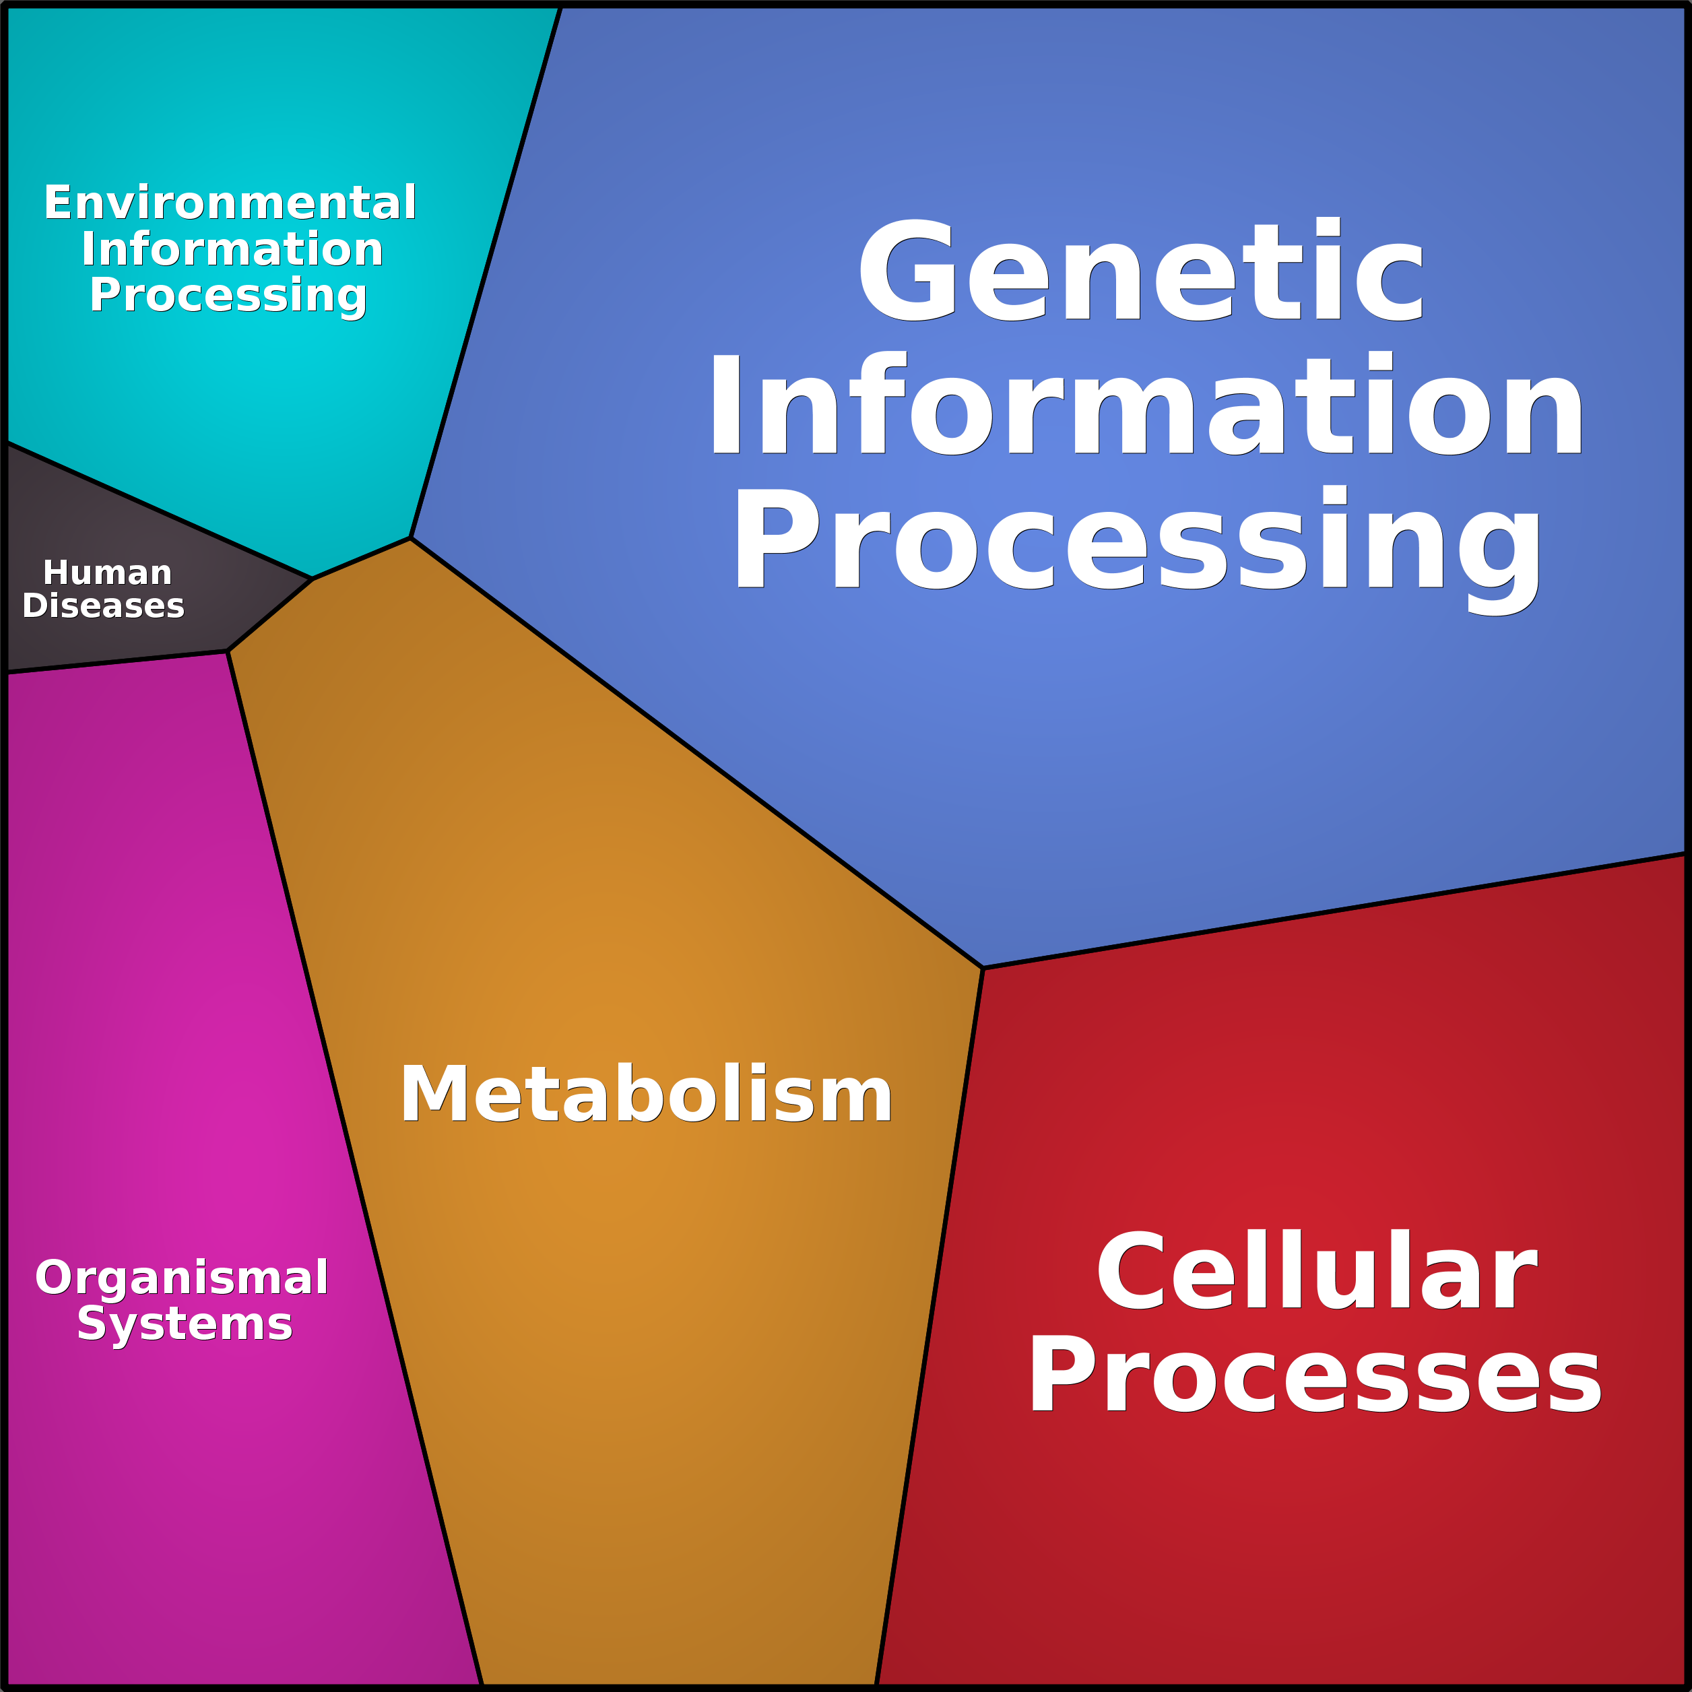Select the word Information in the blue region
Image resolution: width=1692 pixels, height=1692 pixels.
[x=1146, y=405]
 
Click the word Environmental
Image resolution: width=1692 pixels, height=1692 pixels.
[x=230, y=203]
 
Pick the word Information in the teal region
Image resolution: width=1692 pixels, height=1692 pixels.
[x=232, y=250]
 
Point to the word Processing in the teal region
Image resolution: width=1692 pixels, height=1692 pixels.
[x=228, y=295]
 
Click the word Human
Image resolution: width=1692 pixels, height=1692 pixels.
[x=108, y=573]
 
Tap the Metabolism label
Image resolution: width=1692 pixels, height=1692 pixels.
[x=647, y=1095]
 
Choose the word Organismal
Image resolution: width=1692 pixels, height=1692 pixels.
[x=181, y=1278]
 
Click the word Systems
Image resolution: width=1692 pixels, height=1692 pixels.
[x=185, y=1324]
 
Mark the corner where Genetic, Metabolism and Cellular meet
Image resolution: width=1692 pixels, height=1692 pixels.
[x=983, y=968]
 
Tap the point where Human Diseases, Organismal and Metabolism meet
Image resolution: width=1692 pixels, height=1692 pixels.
[x=228, y=651]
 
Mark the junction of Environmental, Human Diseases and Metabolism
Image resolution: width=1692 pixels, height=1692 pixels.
[x=313, y=578]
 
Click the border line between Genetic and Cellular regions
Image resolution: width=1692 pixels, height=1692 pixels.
[x=1331, y=911]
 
